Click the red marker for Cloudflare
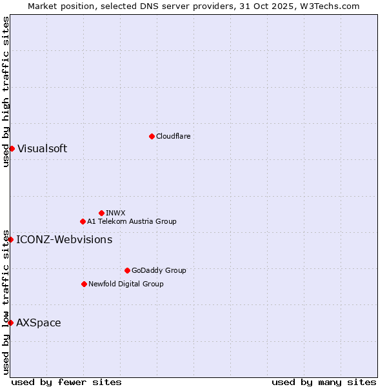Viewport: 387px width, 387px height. pyautogui.click(x=152, y=136)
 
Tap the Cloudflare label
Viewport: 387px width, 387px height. pyautogui.click(x=173, y=136)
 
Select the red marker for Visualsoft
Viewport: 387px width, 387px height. pyautogui.click(x=12, y=148)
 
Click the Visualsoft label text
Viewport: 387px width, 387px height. pyautogui.click(x=42, y=148)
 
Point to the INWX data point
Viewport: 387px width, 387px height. pyautogui.click(x=101, y=213)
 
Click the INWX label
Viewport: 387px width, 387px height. pyautogui.click(x=115, y=213)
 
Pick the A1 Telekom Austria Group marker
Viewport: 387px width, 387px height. pyautogui.click(x=83, y=221)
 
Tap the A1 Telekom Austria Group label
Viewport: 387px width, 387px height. pyautogui.click(x=132, y=221)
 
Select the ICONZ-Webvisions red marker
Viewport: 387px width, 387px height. pyautogui.click(x=10, y=239)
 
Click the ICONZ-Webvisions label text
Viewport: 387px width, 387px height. pyautogui.click(x=64, y=239)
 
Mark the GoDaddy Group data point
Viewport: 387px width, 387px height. pyautogui.click(x=127, y=270)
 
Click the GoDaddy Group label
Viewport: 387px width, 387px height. pyautogui.click(x=159, y=270)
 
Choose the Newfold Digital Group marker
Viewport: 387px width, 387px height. pyautogui.click(x=84, y=284)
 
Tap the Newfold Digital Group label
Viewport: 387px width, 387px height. pyautogui.click(x=126, y=284)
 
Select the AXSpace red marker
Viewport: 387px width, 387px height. pyautogui.click(x=10, y=322)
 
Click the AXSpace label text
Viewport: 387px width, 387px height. pyautogui.click(x=39, y=322)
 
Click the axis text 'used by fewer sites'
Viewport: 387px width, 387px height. pyautogui.click(x=66, y=382)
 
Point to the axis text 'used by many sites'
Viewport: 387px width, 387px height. pyautogui.click(x=324, y=382)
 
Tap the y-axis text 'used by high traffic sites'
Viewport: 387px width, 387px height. pyautogui.click(x=6, y=92)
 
